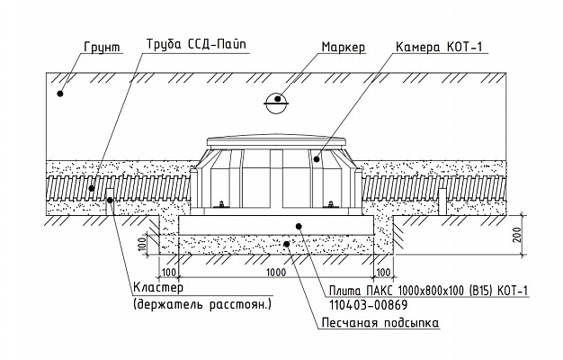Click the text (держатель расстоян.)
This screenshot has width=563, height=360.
(x=201, y=305)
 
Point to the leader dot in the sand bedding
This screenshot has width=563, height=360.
(x=286, y=243)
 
